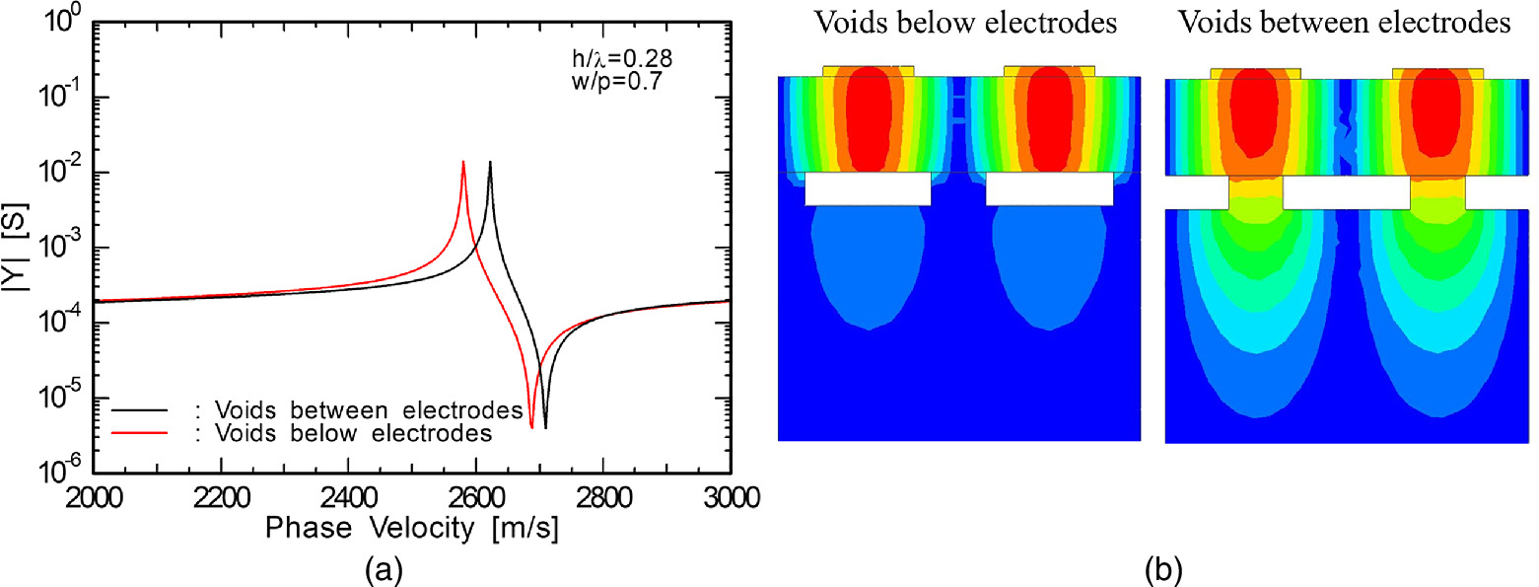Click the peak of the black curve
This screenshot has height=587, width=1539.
(490, 162)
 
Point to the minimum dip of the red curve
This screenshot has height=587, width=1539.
(531, 426)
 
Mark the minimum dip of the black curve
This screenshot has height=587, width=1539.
(545, 426)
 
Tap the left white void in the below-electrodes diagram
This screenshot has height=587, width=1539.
(868, 188)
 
